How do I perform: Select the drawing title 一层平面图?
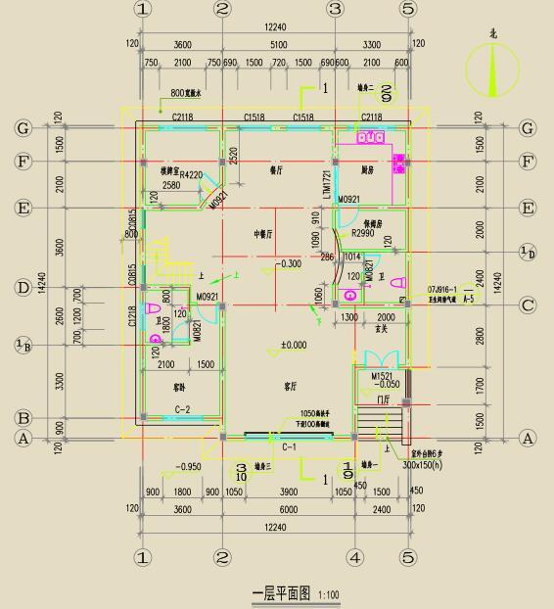pyautogui.click(x=282, y=593)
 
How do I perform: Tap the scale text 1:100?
pyautogui.click(x=328, y=594)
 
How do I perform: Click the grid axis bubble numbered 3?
pyautogui.click(x=335, y=9)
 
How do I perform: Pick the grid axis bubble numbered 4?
pyautogui.click(x=355, y=557)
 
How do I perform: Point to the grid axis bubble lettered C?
pyautogui.click(x=528, y=305)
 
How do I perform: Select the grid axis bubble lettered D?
pyautogui.click(x=23, y=288)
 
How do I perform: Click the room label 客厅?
pyautogui.click(x=290, y=387)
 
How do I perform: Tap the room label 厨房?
pyautogui.click(x=368, y=169)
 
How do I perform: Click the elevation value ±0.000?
pyautogui.click(x=293, y=345)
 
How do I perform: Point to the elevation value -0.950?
pyautogui.click(x=188, y=467)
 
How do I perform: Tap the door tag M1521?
pyautogui.click(x=382, y=376)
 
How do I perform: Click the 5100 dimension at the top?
pyautogui.click(x=278, y=44)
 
